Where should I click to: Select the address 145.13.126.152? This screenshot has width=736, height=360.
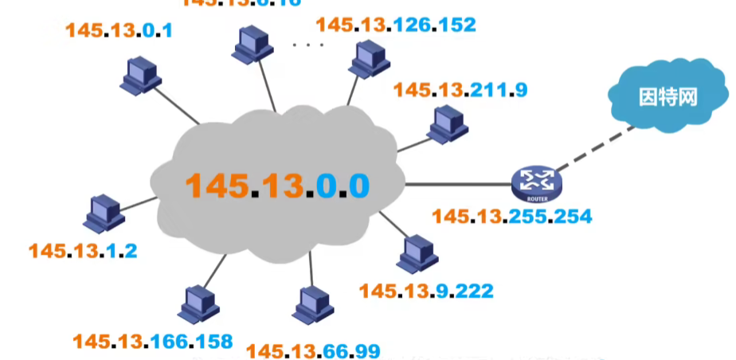coord(396,25)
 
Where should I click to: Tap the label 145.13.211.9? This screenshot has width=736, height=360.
coord(460,89)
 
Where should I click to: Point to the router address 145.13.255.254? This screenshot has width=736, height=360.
coord(511,216)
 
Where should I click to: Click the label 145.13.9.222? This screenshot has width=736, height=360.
coord(426,291)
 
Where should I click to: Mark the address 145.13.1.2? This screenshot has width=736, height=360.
coord(83,251)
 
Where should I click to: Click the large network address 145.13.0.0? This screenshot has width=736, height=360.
coord(278,185)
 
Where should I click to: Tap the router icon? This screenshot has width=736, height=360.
coord(536,183)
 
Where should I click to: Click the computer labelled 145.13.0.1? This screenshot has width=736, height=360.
coord(141,75)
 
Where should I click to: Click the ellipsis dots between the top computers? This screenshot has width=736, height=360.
coord(308,45)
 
